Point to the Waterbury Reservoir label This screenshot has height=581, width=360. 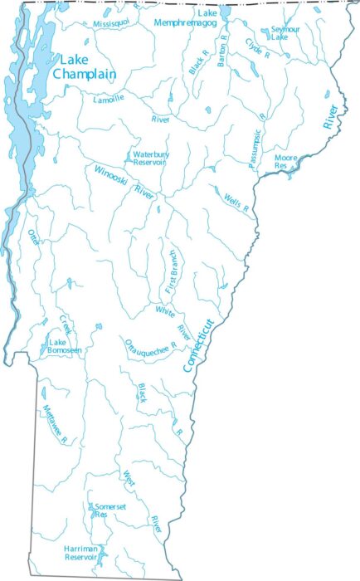(150, 158)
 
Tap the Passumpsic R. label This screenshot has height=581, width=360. (257, 148)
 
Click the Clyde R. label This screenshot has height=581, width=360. (258, 47)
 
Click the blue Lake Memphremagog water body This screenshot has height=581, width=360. (225, 13)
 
